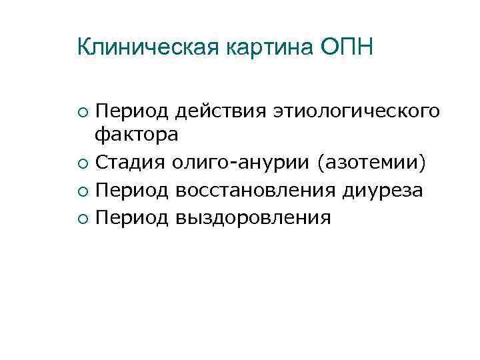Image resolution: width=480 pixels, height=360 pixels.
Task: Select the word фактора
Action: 136,136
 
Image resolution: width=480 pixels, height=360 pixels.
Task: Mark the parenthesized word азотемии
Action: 373,163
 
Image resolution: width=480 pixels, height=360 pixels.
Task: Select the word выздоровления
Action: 254,218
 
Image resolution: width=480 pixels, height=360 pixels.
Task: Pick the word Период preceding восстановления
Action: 131,191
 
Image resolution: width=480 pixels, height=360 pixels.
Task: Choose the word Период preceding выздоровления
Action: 131,218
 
